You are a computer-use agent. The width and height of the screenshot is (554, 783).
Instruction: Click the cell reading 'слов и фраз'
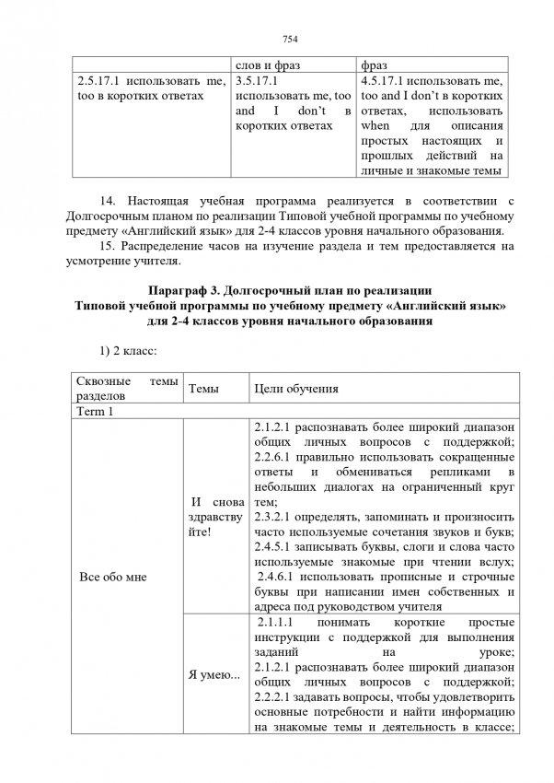coord(271,66)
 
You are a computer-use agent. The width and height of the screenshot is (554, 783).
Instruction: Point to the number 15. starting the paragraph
coord(105,244)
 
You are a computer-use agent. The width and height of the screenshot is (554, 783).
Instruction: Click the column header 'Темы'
coord(203,390)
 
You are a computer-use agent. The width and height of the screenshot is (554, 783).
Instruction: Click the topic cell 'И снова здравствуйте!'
coord(215,519)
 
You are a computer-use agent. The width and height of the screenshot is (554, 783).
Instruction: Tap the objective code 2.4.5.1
coord(274,548)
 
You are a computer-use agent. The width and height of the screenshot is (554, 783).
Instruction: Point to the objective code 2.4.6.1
coord(277,578)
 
